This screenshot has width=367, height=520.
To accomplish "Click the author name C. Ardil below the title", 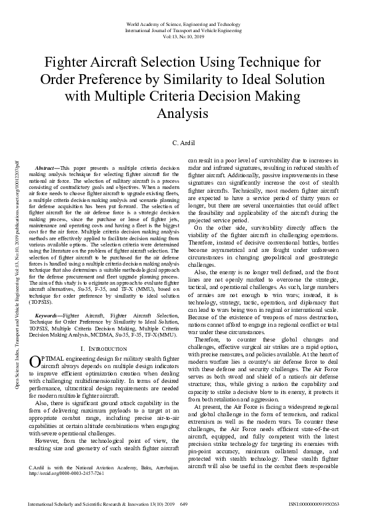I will tap(183, 143).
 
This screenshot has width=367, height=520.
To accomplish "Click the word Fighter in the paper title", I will tap(72, 62).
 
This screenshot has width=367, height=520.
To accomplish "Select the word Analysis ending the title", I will tap(183, 114).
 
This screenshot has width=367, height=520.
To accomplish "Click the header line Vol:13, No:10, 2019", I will tap(183, 36).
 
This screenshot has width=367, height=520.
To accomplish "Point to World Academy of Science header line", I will tap(183, 23).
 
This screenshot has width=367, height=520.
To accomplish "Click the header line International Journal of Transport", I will tap(183, 30).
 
